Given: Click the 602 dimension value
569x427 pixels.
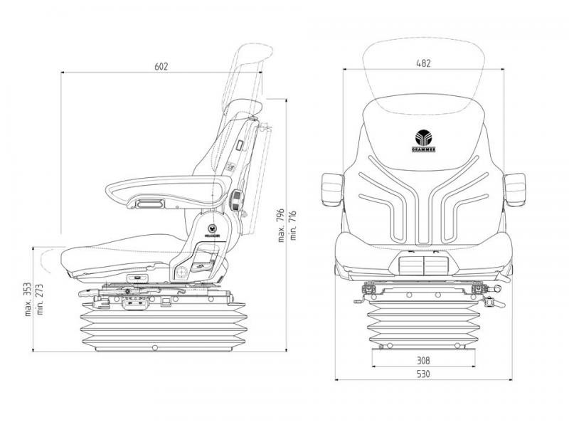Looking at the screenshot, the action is click(x=161, y=66).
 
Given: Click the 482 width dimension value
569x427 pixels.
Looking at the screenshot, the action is click(x=423, y=63).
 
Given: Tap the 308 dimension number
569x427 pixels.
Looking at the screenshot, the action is click(x=423, y=361).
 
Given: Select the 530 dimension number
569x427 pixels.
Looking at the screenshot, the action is click(x=423, y=374).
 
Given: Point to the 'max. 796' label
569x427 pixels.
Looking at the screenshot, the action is click(x=281, y=226).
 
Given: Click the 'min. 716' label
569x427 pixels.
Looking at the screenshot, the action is click(x=293, y=226).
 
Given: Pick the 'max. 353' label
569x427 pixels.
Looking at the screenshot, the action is click(x=28, y=300).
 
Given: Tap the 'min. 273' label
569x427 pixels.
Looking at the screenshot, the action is click(x=40, y=300).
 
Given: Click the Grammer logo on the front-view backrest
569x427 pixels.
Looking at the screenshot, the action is click(x=423, y=141).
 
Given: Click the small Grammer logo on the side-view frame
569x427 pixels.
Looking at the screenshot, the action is click(x=212, y=230).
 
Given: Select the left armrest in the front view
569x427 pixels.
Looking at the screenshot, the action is click(x=332, y=189).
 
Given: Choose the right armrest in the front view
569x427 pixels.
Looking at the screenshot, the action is click(x=514, y=189).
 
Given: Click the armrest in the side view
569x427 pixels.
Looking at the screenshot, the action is click(x=169, y=191).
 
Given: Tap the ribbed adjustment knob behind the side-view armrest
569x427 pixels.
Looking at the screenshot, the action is click(x=236, y=200).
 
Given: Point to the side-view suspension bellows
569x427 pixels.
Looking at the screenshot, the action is click(x=164, y=325).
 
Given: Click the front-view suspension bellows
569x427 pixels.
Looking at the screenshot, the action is click(x=423, y=324).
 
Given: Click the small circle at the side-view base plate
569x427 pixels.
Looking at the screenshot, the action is click(x=155, y=348).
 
